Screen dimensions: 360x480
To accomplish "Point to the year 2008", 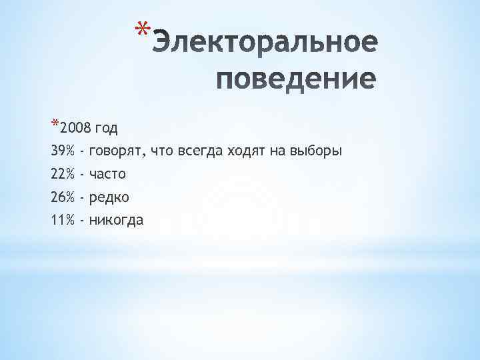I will click(75, 128).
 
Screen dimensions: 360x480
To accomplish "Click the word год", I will click(107, 128).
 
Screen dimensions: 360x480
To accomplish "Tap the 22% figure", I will click(63, 174).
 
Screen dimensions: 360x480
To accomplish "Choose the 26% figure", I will click(63, 197).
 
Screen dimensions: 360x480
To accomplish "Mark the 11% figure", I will click(63, 220).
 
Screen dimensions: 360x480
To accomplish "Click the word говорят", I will click(116, 151).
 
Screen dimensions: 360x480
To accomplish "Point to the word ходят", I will click(245, 151).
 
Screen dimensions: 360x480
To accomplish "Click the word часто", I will click(107, 174).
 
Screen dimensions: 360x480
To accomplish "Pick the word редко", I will click(109, 197).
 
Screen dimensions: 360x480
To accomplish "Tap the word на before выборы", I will click(277, 151).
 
